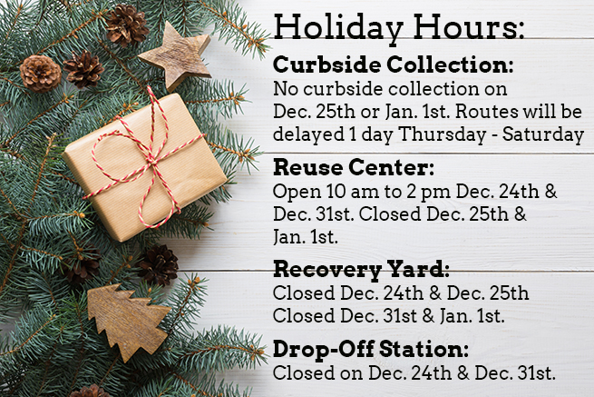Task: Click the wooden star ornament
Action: tap(177, 55)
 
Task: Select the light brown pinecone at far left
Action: tap(40, 74)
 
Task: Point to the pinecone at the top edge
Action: tap(127, 25)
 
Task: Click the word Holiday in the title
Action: tap(338, 27)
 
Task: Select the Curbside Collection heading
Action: tap(394, 65)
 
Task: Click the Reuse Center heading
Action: tap(354, 167)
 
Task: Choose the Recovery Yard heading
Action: tap(361, 270)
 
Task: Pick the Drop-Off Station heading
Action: tap(371, 349)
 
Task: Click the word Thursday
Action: tap(443, 135)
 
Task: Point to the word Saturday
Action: tap(543, 135)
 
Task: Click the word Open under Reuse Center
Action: tap(297, 192)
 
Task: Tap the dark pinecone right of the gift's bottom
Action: tap(158, 265)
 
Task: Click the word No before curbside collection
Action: tap(286, 89)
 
